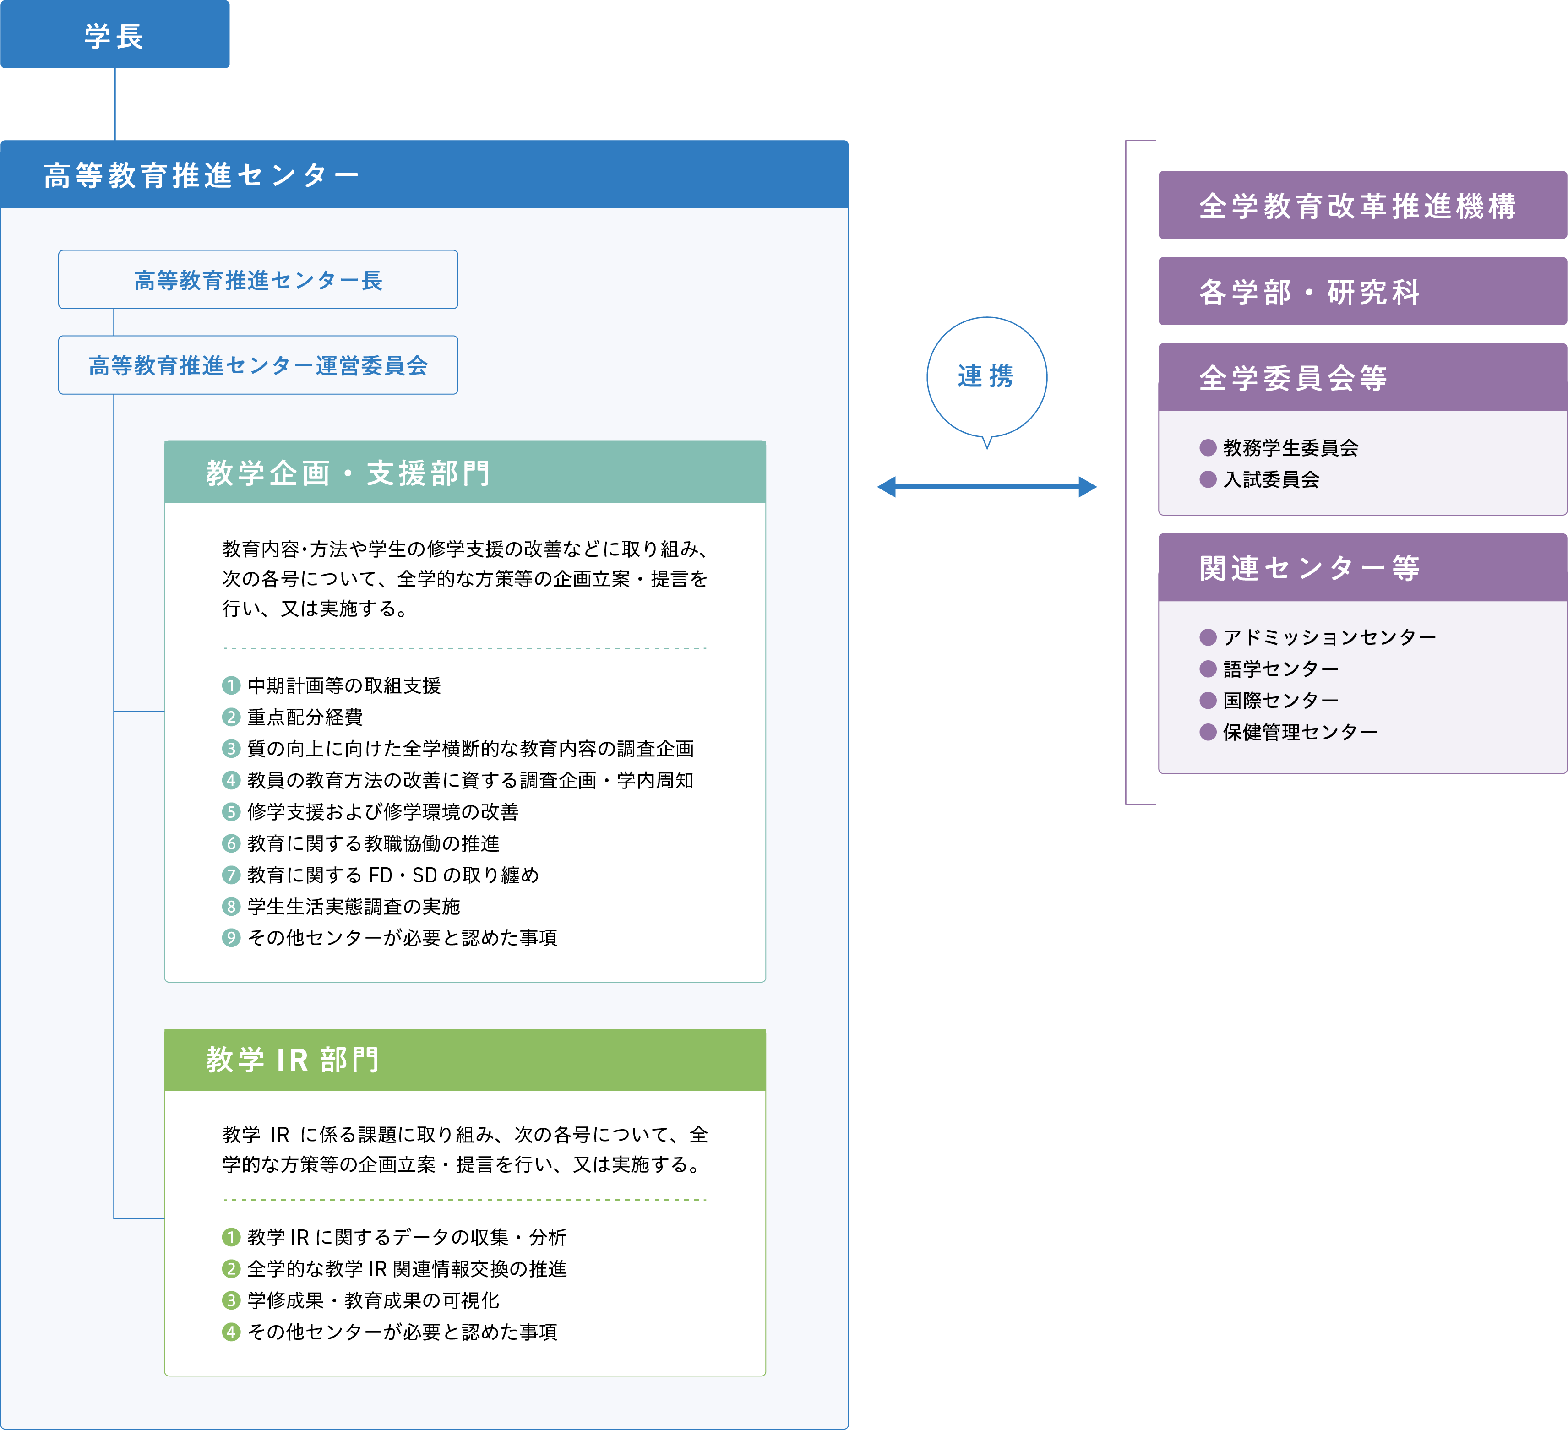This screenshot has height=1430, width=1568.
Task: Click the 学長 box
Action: tap(115, 34)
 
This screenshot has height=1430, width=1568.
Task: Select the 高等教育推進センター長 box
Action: tap(258, 279)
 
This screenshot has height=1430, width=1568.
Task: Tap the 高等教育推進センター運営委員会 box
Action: tap(258, 364)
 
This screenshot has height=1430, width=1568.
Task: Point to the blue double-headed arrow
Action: tap(987, 487)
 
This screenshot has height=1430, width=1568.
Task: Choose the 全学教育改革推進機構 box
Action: tap(1363, 205)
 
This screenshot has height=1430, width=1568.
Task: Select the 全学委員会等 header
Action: tap(1363, 377)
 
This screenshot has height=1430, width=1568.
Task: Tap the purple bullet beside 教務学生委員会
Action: tap(1208, 447)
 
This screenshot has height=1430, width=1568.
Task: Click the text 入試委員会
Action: tap(1272, 479)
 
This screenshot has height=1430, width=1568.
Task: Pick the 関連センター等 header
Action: tap(1363, 568)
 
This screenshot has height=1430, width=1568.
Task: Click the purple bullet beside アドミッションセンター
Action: tap(1208, 637)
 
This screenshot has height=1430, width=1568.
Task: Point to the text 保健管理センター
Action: tap(1301, 732)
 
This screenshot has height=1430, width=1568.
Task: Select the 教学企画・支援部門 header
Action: tap(465, 472)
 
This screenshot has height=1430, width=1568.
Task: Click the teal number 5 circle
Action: tap(231, 812)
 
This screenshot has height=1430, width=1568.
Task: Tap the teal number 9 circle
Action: tap(231, 938)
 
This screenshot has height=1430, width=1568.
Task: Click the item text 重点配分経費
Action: tap(305, 717)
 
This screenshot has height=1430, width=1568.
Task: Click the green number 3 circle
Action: tap(231, 1300)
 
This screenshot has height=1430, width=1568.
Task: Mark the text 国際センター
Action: tap(1281, 700)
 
